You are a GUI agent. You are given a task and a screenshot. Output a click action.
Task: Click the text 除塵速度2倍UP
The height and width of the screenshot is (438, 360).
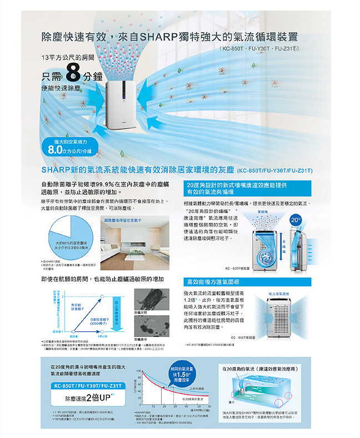pyautogui.click(x=87, y=399)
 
